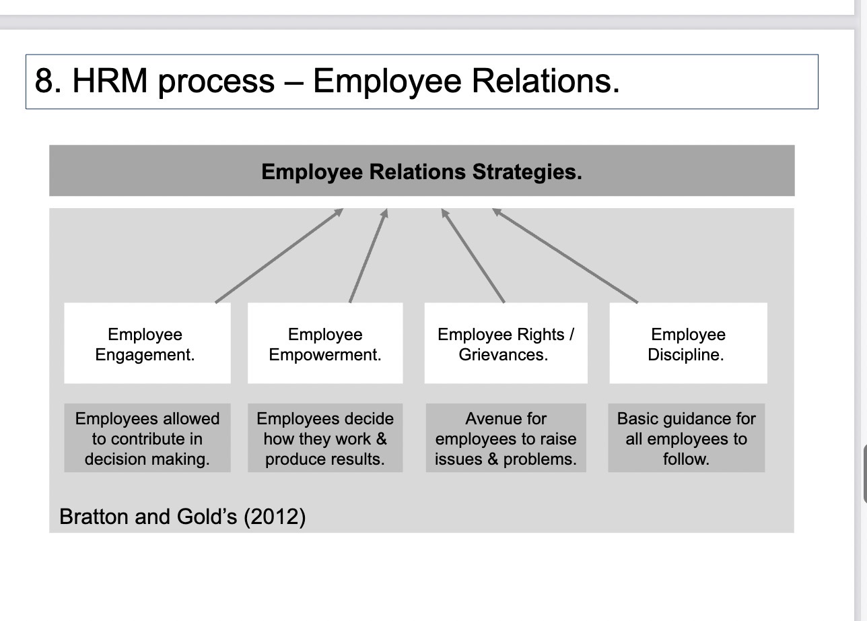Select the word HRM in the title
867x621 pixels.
tap(110, 81)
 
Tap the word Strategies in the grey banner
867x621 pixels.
tap(527, 172)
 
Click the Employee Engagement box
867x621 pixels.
tap(147, 344)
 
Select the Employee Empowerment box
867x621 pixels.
tap(325, 344)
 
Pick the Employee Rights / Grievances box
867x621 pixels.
tap(506, 344)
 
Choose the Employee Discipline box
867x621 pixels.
tap(688, 344)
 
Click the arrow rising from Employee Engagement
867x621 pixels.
tap(279, 256)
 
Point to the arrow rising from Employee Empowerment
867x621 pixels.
tap(368, 256)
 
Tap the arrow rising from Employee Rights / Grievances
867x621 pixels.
tap(473, 256)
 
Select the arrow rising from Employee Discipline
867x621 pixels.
tap(565, 256)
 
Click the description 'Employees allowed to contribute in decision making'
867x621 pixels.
tap(147, 438)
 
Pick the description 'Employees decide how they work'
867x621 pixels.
tap(325, 438)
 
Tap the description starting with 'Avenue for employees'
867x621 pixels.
tap(506, 438)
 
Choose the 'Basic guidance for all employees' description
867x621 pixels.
tap(686, 438)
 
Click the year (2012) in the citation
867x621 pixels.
tap(275, 517)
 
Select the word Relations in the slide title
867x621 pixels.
tap(546, 81)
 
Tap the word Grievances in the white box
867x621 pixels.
tap(504, 354)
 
